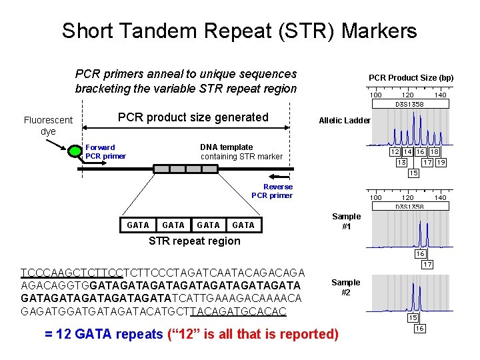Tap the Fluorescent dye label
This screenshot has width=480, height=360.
click(48, 125)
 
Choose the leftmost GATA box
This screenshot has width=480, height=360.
click(138, 225)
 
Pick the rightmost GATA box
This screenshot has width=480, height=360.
click(243, 225)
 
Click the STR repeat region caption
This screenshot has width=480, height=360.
click(194, 241)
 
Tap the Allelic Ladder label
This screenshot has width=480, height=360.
click(345, 121)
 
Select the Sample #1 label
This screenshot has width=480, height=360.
click(346, 221)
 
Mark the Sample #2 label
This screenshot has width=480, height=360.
click(346, 287)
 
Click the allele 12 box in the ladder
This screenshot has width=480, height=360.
click(395, 152)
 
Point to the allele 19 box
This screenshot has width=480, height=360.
click(440, 162)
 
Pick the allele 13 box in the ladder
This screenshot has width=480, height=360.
click(401, 162)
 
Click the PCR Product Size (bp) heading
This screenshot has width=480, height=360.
click(411, 78)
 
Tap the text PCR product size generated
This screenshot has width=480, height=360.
click(193, 117)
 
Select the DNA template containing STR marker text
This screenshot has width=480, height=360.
click(241, 151)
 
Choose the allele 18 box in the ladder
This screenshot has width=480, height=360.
click(434, 152)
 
